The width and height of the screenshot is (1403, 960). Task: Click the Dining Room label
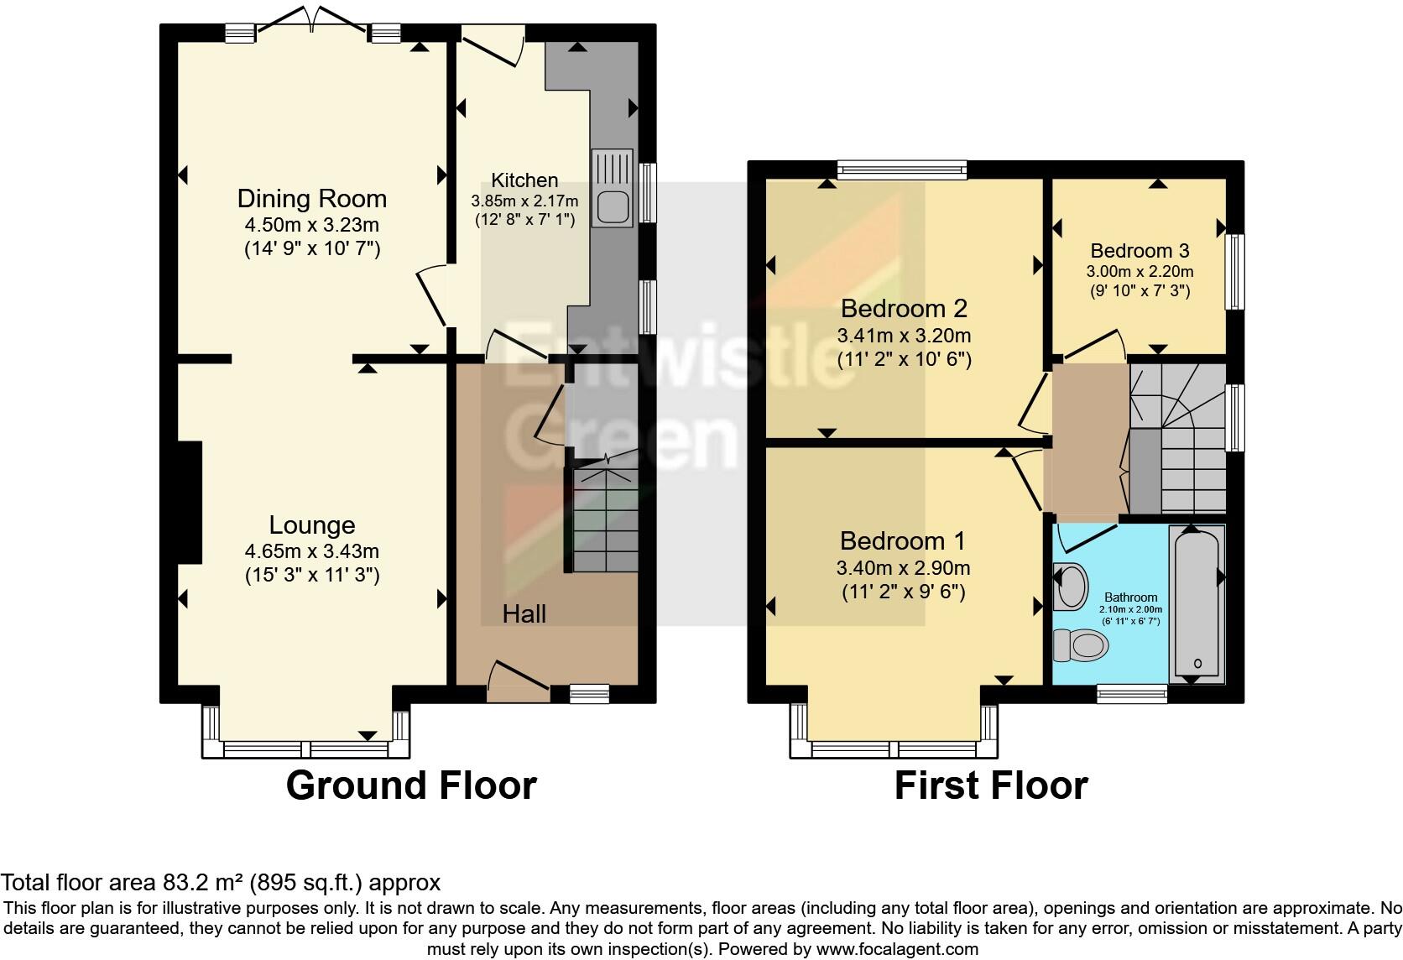point(312,199)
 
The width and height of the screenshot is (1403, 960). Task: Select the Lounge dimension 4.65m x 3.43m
point(312,551)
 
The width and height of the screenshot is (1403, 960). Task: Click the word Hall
point(524,614)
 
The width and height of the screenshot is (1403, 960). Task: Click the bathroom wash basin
point(1070,586)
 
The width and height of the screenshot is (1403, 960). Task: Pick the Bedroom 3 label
point(1140,250)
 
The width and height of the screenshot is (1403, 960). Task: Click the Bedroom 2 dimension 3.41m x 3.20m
point(904,336)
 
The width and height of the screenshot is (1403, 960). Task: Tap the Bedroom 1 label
point(903,540)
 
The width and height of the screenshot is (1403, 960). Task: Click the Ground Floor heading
point(411,785)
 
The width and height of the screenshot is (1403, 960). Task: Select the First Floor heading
point(991,785)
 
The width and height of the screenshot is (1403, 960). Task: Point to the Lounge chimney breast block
point(189,502)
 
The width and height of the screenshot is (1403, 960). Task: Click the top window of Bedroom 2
point(902,170)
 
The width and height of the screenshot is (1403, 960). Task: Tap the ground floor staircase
point(602,520)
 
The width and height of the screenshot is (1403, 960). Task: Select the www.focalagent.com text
point(897,949)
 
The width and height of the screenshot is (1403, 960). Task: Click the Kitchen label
point(524,180)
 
